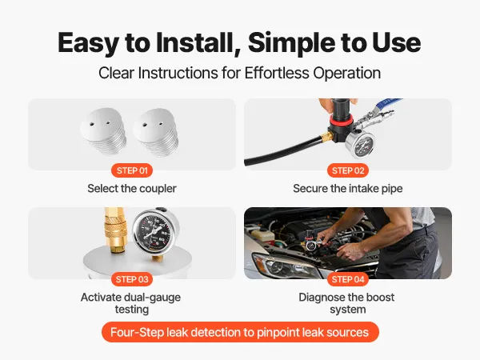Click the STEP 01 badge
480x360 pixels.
132,170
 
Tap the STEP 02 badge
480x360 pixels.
348,170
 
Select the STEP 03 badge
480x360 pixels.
132,279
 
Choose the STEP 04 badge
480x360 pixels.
348,279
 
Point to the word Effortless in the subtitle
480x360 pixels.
277,73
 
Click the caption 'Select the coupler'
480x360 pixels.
132,189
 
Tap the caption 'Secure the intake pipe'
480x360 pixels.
348,189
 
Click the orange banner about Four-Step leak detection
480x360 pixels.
240,332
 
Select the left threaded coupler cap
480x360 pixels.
103,130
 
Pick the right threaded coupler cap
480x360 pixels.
156,132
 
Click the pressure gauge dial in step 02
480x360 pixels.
360,145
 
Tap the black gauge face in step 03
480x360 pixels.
154,231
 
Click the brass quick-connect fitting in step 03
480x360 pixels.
114,230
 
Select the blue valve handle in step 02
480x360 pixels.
386,103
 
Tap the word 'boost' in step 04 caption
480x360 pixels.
379,298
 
